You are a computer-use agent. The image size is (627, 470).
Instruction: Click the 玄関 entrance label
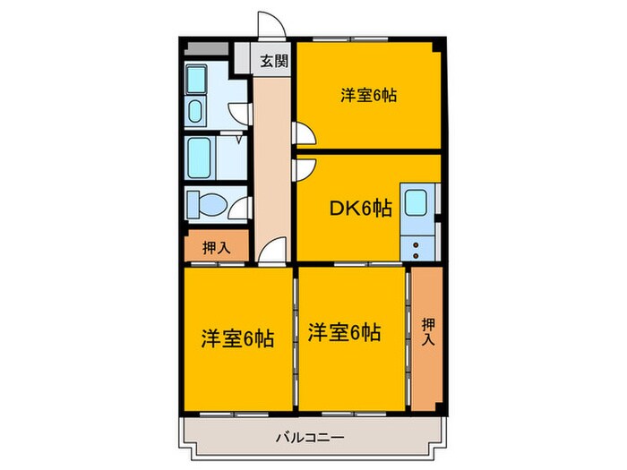point(275,62)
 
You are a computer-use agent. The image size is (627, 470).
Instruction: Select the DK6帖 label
point(360,208)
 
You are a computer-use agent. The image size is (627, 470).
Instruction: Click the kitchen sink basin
point(417,203)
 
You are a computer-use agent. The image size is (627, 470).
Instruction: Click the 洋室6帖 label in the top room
point(368,95)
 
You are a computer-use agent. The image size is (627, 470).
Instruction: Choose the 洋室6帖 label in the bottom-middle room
point(344,333)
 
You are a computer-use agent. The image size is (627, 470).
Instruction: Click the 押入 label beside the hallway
point(216,247)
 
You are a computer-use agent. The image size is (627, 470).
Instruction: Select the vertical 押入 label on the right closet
point(427,331)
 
